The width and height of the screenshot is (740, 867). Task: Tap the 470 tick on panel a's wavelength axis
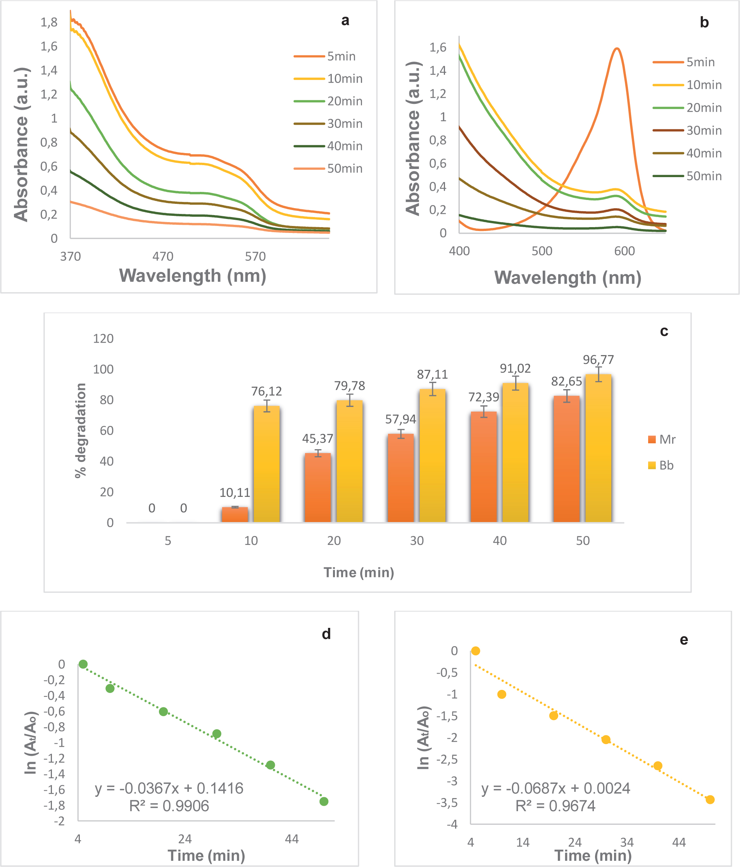[163, 257]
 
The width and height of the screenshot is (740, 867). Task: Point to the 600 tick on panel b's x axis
[624, 251]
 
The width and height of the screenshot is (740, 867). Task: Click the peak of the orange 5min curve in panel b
[616, 48]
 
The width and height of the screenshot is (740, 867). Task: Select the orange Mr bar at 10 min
[235, 514]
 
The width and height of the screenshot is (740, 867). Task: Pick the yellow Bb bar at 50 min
[598, 448]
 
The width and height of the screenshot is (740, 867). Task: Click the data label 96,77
[598, 360]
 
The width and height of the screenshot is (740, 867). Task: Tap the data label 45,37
[318, 438]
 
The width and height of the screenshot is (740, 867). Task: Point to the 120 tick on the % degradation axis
[103, 338]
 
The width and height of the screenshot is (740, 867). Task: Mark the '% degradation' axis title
[80, 430]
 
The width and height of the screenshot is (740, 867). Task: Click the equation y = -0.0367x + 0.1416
[169, 788]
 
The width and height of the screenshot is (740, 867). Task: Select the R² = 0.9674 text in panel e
[555, 806]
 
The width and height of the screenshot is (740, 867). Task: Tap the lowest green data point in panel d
[324, 801]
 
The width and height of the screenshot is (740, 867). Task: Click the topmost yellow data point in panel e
[475, 651]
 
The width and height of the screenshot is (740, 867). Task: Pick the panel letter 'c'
[664, 331]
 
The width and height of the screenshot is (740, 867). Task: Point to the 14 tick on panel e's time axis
[523, 842]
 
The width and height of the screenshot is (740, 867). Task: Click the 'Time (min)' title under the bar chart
[359, 572]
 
